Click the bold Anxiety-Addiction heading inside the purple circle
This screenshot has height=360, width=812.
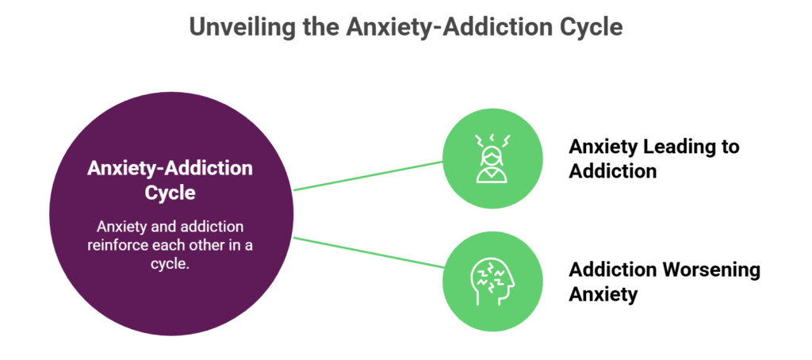pyautogui.click(x=170, y=169)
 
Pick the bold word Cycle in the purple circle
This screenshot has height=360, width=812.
pyautogui.click(x=170, y=192)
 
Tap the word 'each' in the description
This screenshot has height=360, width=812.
pyautogui.click(x=168, y=245)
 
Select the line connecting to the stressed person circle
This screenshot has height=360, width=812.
pyautogui.click(x=369, y=176)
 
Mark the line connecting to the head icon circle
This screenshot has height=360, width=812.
pyautogui.click(x=369, y=252)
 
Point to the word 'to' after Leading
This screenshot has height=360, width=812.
pyautogui.click(x=729, y=147)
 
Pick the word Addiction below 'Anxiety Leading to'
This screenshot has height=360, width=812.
pyautogui.click(x=613, y=170)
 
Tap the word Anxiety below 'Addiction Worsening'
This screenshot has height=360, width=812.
pyautogui.click(x=603, y=294)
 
